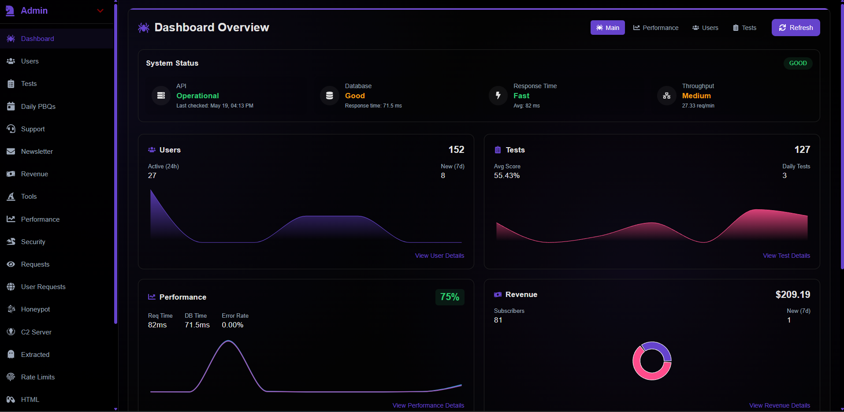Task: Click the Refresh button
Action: [796, 28]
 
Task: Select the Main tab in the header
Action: [607, 28]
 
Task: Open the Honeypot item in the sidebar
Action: [35, 309]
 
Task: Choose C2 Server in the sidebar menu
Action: [36, 332]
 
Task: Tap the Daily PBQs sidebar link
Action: [38, 107]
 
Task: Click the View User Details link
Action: [439, 256]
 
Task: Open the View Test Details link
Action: [786, 256]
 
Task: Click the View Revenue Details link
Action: [779, 405]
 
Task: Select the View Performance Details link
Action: [428, 405]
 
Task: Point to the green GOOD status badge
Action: [798, 63]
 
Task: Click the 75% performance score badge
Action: [450, 297]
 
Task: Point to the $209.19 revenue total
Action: [792, 294]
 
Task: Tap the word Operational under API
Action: [197, 96]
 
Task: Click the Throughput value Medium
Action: [696, 96]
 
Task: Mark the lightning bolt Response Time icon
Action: [498, 95]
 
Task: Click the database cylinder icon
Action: [329, 95]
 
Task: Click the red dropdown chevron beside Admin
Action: [100, 11]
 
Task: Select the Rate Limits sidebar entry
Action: [38, 377]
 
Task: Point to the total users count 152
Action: [456, 150]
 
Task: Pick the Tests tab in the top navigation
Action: [744, 28]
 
